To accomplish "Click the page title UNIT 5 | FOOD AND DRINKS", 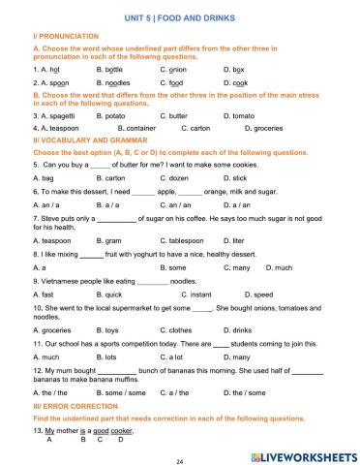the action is (x=180, y=17).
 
